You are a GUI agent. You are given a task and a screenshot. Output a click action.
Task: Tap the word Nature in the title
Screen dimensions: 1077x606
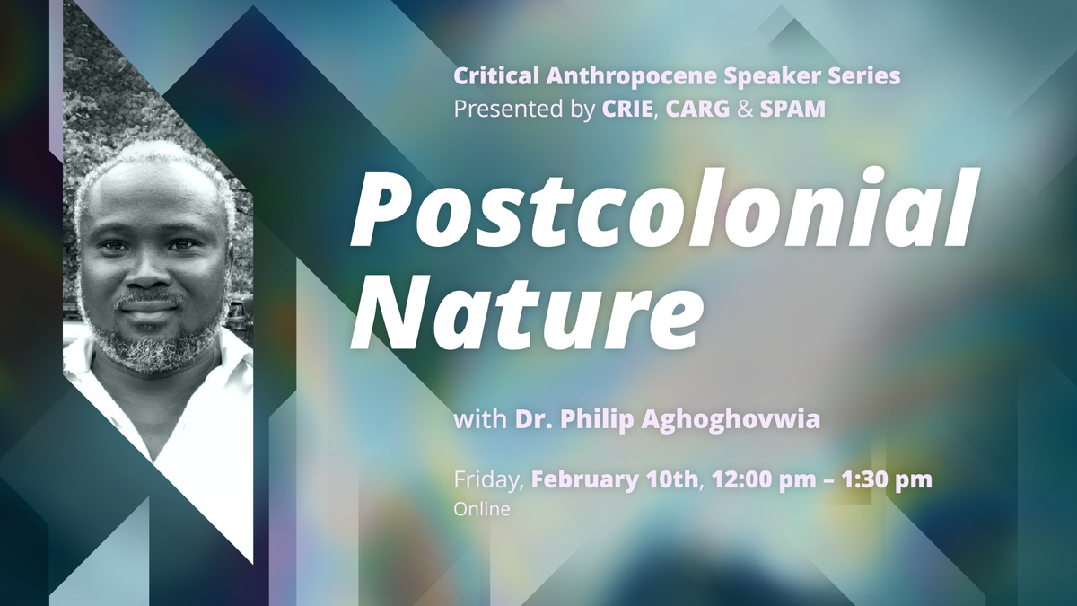(x=526, y=307)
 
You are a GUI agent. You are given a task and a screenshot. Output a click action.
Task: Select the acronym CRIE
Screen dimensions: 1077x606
(x=627, y=109)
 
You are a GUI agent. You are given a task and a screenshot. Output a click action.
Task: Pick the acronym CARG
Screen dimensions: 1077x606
(x=697, y=109)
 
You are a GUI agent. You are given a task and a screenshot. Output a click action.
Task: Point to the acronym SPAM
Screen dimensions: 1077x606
(x=792, y=109)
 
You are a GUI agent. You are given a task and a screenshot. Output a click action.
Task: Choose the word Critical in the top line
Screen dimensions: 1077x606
(x=495, y=76)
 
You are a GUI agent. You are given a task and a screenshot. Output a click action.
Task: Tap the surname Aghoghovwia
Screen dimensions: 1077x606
(x=731, y=420)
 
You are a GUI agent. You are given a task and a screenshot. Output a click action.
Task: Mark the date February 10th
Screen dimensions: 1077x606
(x=615, y=480)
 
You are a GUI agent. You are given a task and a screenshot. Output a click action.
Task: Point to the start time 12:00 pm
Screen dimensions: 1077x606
(x=763, y=480)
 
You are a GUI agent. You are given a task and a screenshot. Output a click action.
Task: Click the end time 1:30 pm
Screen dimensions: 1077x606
(x=887, y=480)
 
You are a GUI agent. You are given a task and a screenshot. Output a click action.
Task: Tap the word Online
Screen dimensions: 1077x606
(x=482, y=509)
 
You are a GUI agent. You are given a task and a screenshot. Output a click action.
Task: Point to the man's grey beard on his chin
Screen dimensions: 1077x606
(x=154, y=347)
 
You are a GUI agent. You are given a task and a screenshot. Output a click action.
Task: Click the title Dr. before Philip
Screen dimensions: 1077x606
(x=534, y=420)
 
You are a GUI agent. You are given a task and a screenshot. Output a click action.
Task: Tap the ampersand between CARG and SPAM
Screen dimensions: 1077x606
(x=745, y=109)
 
